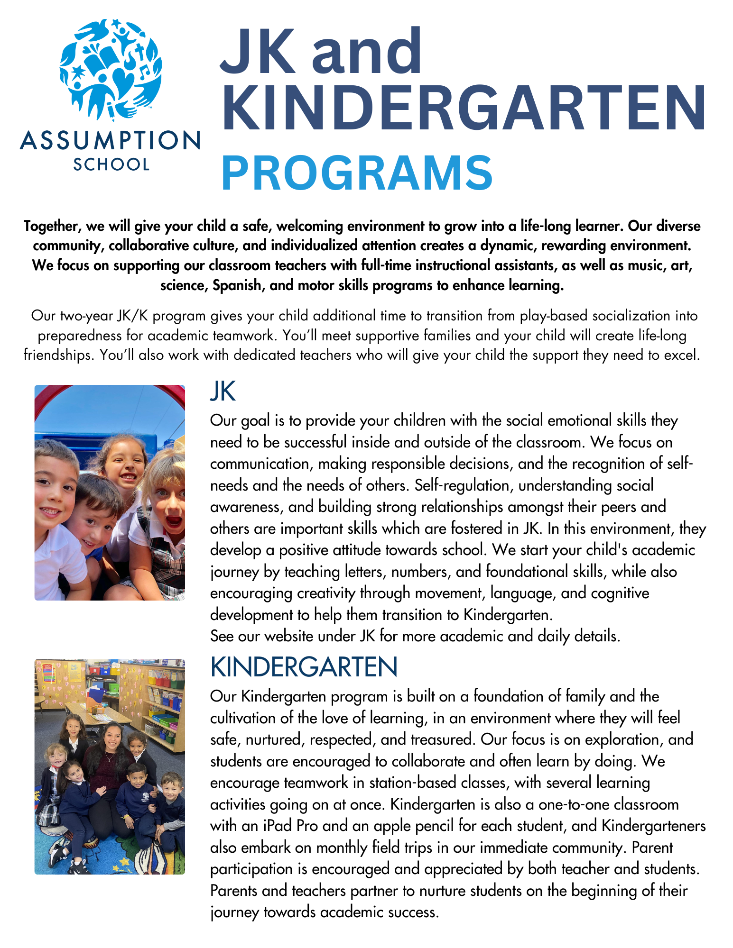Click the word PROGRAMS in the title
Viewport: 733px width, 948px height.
[x=357, y=173]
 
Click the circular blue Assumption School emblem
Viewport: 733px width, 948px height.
[x=111, y=69]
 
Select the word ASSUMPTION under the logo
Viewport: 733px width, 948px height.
[x=110, y=141]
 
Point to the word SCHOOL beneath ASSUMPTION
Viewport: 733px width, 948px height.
[x=111, y=164]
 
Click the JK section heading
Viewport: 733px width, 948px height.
[x=223, y=392]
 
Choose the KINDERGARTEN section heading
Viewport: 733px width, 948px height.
[x=304, y=667]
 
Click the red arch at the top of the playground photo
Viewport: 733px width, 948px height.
[x=109, y=393]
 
